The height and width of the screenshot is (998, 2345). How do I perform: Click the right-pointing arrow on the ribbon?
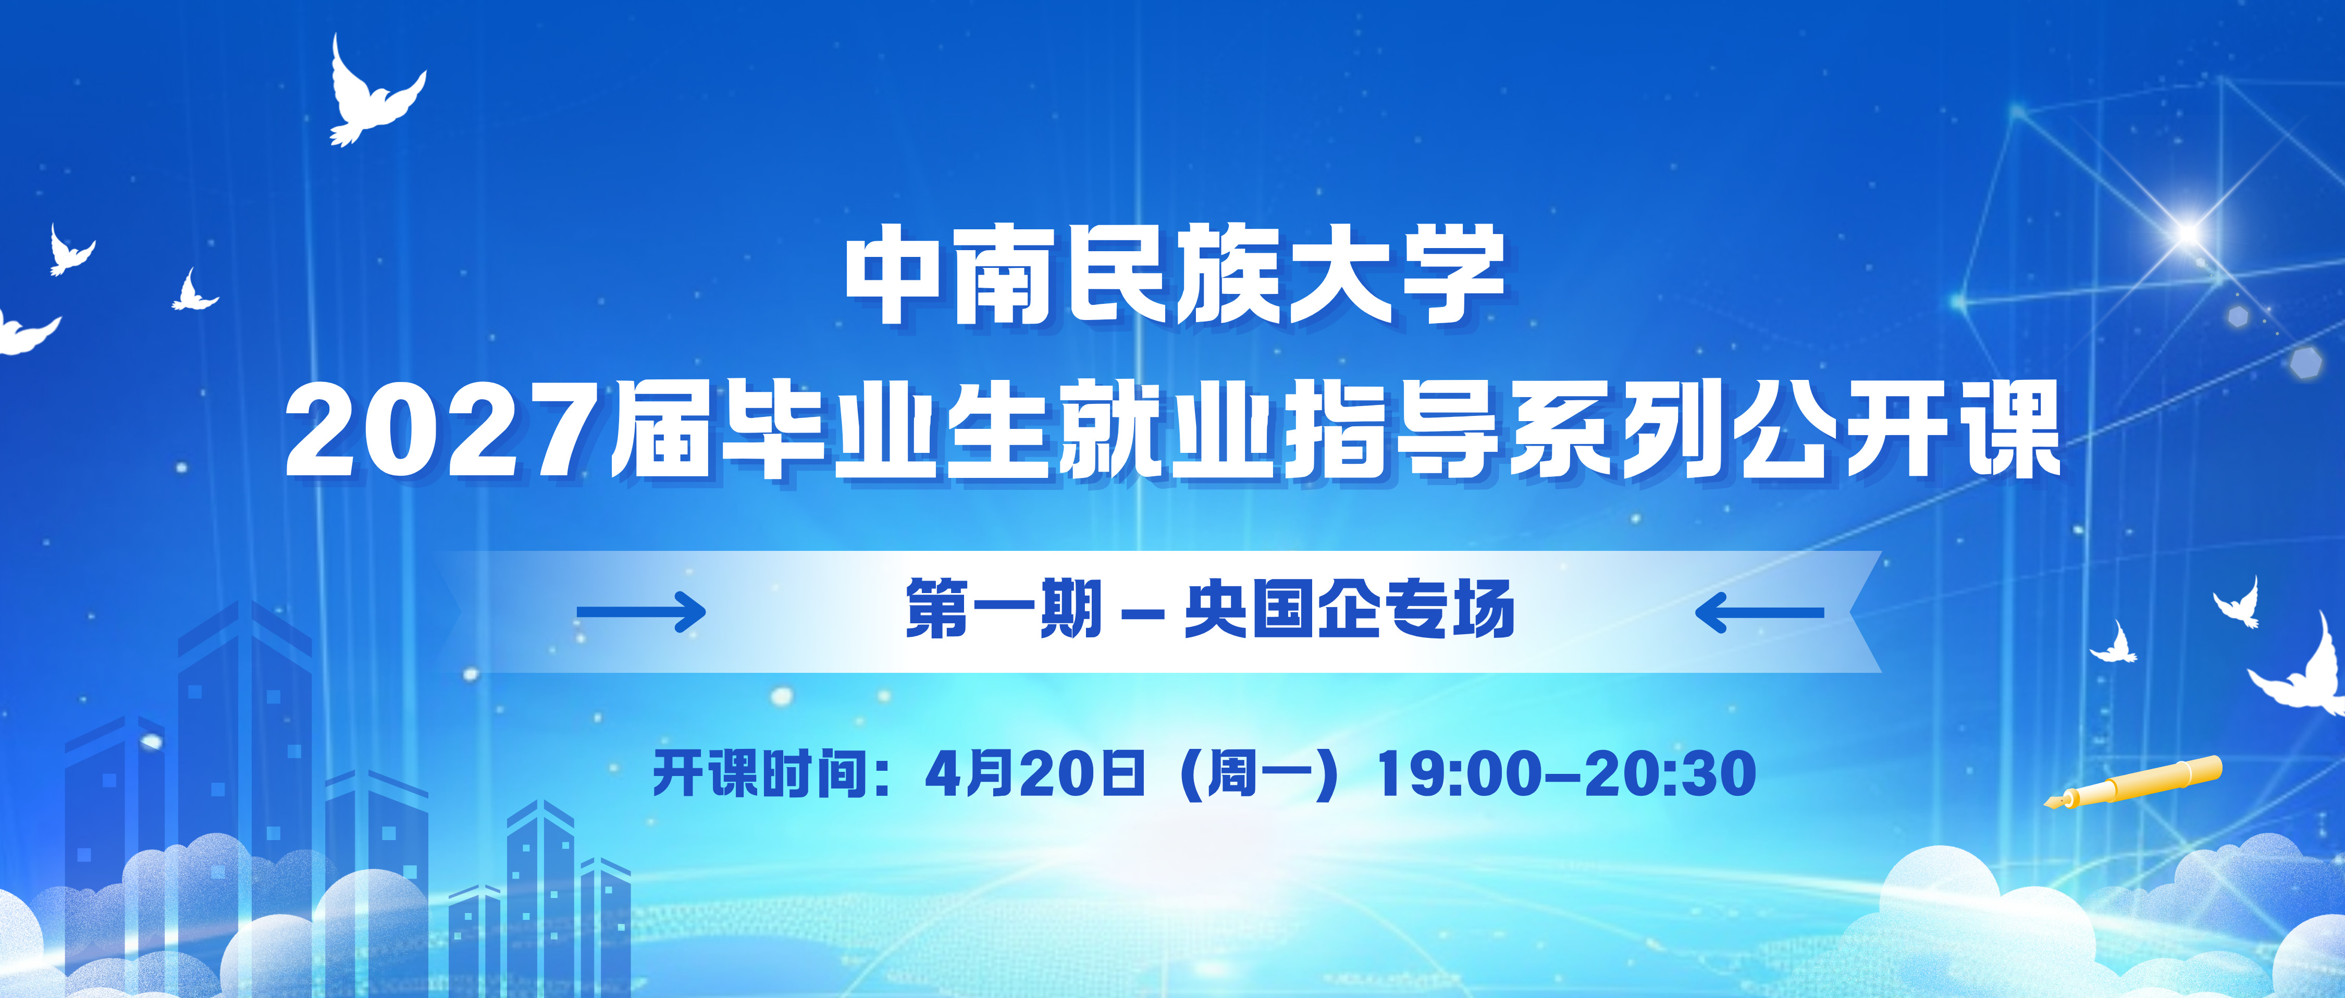click(x=642, y=612)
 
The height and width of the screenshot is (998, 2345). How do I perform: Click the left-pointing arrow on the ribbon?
click(x=1759, y=612)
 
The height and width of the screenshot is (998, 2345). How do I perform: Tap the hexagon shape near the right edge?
click(x=2306, y=362)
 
